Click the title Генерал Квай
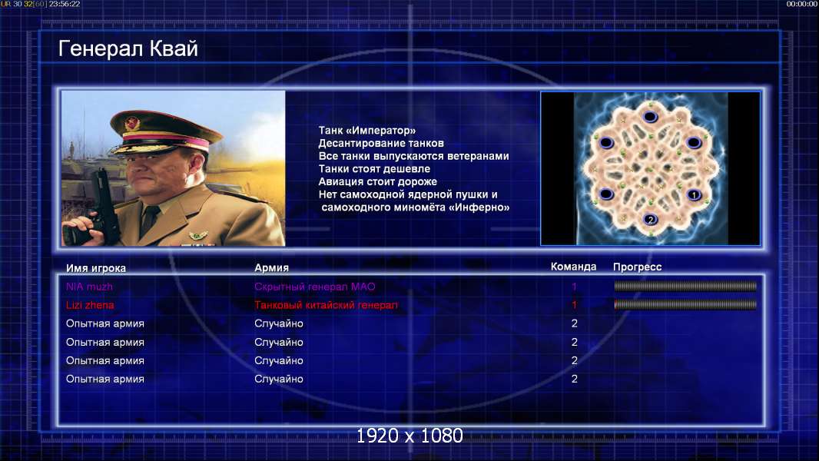128,48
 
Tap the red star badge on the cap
132,124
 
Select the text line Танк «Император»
367,131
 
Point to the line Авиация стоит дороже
378,181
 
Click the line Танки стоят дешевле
374,168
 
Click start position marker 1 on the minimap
694,194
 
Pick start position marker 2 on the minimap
650,219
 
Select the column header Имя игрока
95,268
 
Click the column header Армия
272,268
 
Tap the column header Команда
573,267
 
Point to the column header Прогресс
637,267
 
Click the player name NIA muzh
89,287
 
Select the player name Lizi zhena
90,305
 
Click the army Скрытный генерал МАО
315,287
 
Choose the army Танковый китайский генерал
326,305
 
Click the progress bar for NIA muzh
685,286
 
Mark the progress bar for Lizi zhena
685,304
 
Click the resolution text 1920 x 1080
409,436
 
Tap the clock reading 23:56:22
65,4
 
